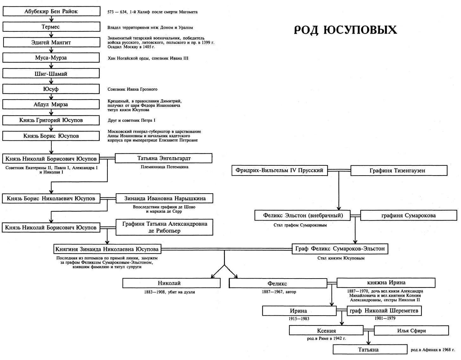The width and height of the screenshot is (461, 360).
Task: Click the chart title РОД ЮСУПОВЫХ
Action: [x=345, y=30]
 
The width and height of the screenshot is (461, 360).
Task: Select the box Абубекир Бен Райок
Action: [x=51, y=12]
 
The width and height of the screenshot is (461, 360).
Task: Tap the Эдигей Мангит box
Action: [x=51, y=42]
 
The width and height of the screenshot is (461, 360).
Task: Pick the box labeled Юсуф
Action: [x=51, y=89]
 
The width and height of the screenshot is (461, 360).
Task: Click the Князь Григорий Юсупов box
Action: [x=51, y=120]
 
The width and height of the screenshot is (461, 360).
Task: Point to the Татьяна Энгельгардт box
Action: [x=164, y=158]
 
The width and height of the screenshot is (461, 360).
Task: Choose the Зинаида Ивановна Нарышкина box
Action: [x=165, y=198]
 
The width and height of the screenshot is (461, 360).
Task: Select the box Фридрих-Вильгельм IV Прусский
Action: [x=279, y=170]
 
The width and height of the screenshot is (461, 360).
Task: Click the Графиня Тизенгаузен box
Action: [x=399, y=171]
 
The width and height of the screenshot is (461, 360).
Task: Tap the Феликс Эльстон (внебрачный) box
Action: [x=303, y=215]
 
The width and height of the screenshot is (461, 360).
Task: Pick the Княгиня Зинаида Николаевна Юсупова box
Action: [x=107, y=249]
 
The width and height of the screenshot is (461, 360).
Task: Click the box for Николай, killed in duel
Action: [x=171, y=283]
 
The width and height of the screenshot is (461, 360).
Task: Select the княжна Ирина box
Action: [x=386, y=283]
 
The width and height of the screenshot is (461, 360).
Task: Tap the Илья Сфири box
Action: [x=411, y=331]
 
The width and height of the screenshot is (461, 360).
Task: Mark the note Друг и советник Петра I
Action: [x=131, y=120]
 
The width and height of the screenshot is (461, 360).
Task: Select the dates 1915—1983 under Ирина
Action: [x=299, y=318]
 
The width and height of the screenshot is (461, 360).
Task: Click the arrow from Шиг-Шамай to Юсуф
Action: [x=51, y=81]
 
